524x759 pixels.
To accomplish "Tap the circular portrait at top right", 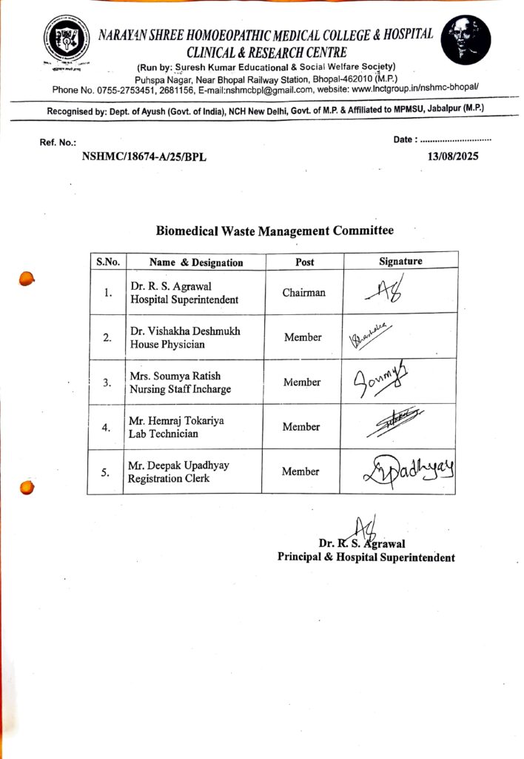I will pyautogui.click(x=466, y=40).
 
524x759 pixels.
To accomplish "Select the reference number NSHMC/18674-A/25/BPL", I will pyautogui.click(x=145, y=157).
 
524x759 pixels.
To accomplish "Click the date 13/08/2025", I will pyautogui.click(x=454, y=157).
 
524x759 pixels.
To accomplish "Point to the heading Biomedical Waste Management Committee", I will pyautogui.click(x=275, y=231).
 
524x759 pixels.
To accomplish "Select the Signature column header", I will pyautogui.click(x=400, y=261).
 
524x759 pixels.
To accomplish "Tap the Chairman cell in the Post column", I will pyautogui.click(x=303, y=293).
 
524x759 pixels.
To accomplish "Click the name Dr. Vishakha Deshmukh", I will pyautogui.click(x=185, y=331).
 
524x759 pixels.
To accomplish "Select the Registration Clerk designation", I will pyautogui.click(x=168, y=479).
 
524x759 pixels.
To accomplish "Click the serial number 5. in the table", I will pyautogui.click(x=107, y=471).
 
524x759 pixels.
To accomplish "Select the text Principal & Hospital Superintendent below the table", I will pyautogui.click(x=366, y=557).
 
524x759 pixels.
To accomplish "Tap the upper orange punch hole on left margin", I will pyautogui.click(x=27, y=279).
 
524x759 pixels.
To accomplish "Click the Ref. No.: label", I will pyautogui.click(x=58, y=142).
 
